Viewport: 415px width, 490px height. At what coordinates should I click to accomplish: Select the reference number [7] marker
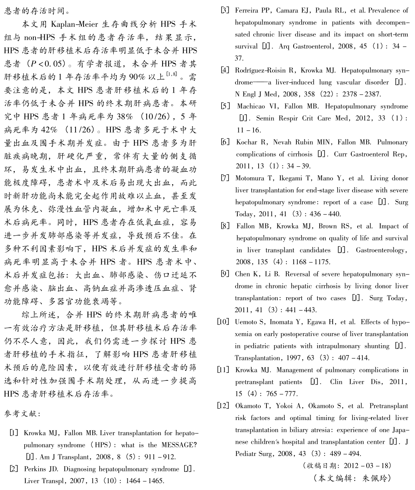point(225,178)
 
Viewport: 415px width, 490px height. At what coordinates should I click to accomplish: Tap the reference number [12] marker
point(223,406)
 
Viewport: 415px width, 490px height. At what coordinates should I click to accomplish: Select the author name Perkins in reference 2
point(35,469)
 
